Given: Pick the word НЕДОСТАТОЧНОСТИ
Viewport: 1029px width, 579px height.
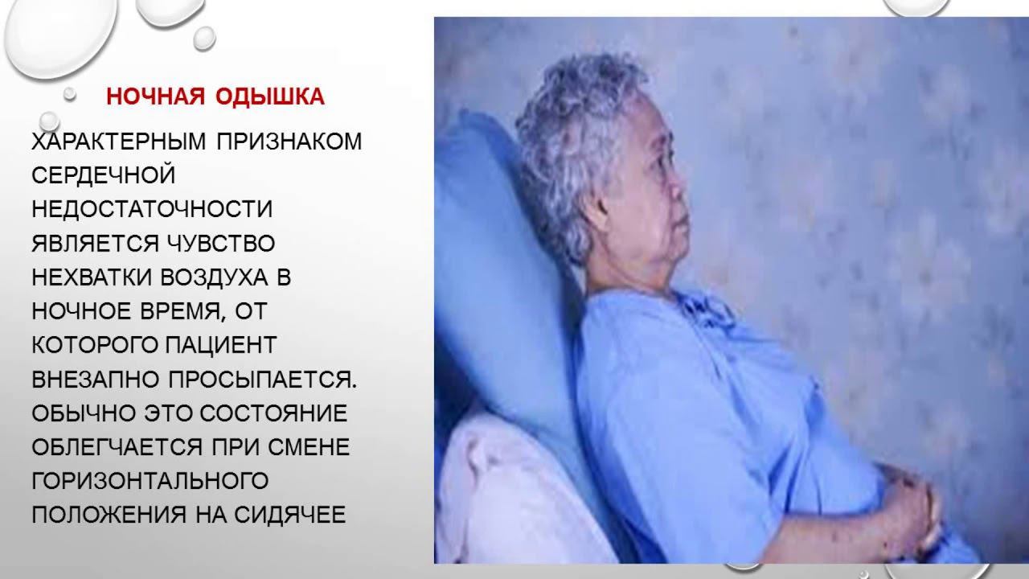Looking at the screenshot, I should coord(152,209).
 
